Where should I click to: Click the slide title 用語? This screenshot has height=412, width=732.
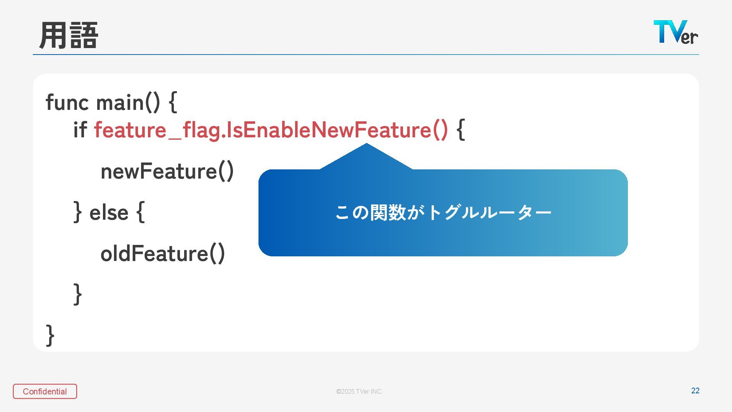pos(69,35)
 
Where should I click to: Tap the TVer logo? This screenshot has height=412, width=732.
pos(676,32)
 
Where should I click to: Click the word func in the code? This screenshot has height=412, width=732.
pos(67,102)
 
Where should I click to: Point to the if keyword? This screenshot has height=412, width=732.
pos(80,130)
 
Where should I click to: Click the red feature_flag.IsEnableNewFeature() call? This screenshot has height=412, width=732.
pos(271,130)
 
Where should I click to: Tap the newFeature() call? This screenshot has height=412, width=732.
pos(167,171)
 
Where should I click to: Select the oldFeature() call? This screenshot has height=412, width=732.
pos(163,253)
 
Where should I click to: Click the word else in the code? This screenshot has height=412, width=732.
pos(109,212)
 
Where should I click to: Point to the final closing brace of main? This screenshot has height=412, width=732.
pos(50,335)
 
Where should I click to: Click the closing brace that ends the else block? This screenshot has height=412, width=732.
pos(77,294)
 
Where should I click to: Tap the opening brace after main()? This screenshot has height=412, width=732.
pos(173,102)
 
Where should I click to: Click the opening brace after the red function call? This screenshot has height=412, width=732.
pos(461,130)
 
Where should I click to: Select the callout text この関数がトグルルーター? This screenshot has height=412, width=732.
pos(443,212)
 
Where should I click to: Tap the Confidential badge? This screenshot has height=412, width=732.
pos(45,391)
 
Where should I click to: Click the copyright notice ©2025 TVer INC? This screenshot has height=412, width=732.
pos(360,391)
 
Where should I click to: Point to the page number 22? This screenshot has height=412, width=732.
pos(695,391)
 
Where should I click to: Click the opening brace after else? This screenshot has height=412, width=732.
pos(140,212)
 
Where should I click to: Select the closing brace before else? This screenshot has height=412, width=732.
pos(77,212)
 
